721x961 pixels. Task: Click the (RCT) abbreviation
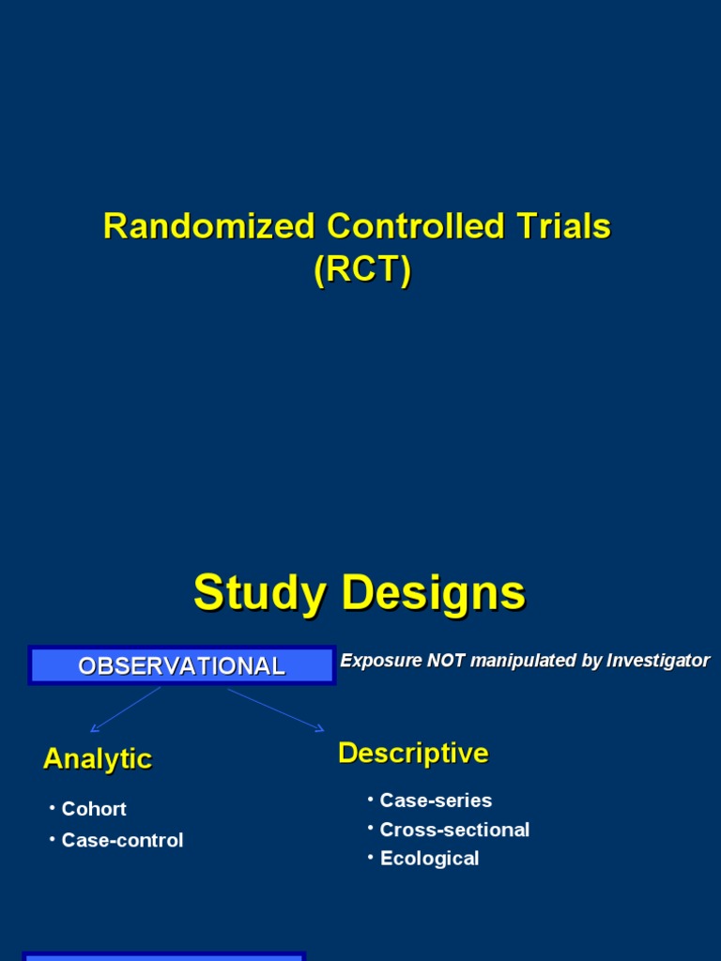point(362,270)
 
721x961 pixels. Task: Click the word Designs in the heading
point(433,593)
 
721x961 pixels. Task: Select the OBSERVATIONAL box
point(182,665)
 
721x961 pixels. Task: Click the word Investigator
point(657,661)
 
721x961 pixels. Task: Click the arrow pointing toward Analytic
point(125,709)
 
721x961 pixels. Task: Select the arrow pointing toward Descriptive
point(276,709)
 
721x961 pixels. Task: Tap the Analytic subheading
point(98,758)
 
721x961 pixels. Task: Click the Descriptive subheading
point(413,753)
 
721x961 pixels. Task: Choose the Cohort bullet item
point(94,809)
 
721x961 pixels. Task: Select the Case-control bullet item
point(122,841)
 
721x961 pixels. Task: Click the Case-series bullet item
point(436,801)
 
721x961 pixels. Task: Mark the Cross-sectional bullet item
point(454,830)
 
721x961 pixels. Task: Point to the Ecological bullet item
point(429,859)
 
